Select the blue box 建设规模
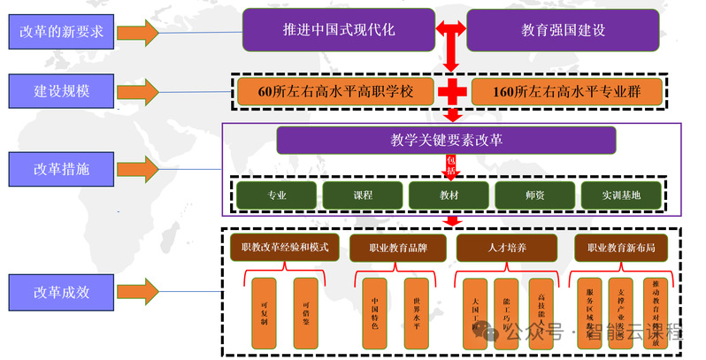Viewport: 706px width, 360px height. point(63,90)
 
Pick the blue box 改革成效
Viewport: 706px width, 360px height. point(63,292)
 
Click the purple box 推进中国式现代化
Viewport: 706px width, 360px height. point(338,30)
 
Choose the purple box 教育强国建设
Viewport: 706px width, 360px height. point(563,30)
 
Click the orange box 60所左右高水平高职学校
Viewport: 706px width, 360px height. point(337,91)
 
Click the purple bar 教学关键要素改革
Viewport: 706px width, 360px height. point(446,140)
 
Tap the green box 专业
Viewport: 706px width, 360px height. point(277,195)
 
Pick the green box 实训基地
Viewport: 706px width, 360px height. point(620,195)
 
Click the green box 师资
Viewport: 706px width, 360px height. point(533,195)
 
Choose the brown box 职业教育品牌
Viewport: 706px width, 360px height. point(398,249)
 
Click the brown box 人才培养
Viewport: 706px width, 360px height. point(508,249)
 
